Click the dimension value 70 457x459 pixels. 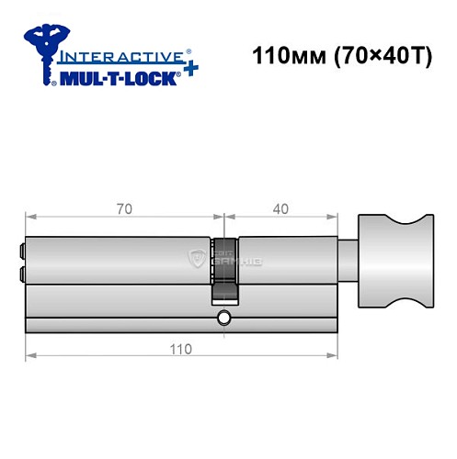pyautogui.click(x=124, y=208)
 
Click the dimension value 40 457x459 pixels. pyautogui.click(x=280, y=208)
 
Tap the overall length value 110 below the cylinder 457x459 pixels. pyautogui.click(x=180, y=349)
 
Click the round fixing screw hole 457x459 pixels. pyautogui.click(x=223, y=319)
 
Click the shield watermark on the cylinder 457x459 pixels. pyautogui.click(x=194, y=260)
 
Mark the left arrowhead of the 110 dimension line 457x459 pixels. pyautogui.click(x=29, y=354)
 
